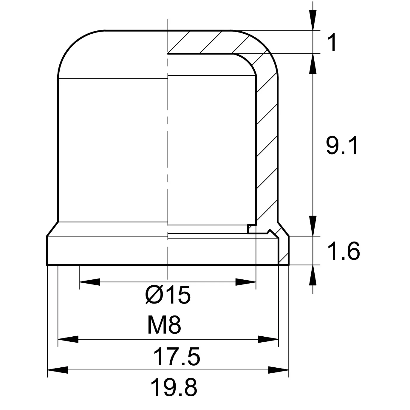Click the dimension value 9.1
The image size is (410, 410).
[x=342, y=146]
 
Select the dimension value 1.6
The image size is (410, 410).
[x=344, y=251]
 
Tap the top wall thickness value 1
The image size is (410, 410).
[x=332, y=43]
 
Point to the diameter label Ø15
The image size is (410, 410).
[x=168, y=295]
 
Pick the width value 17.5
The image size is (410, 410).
[x=177, y=357]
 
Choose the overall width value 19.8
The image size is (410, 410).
[x=174, y=387]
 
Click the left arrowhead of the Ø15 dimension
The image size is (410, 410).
[x=90, y=282]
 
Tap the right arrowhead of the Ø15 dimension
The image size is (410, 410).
[x=246, y=282]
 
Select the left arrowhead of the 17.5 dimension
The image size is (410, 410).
[x=68, y=339]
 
